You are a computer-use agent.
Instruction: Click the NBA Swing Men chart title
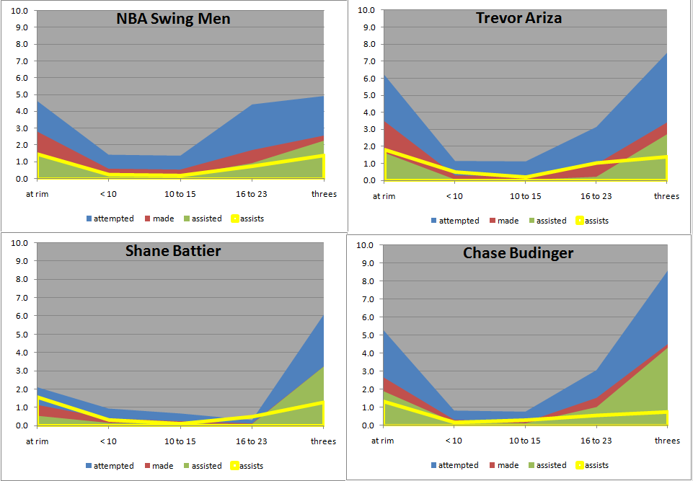tap(173, 19)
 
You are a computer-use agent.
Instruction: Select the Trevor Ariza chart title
tap(518, 18)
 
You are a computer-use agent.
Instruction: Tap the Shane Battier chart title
tap(172, 251)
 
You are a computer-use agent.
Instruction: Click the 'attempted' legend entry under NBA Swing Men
tap(109, 219)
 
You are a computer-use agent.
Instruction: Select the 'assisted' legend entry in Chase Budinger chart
tap(547, 465)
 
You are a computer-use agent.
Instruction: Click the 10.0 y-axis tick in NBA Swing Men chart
tap(21, 11)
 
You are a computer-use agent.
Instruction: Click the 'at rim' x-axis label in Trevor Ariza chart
tap(384, 196)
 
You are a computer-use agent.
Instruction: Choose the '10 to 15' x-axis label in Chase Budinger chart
tap(525, 441)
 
